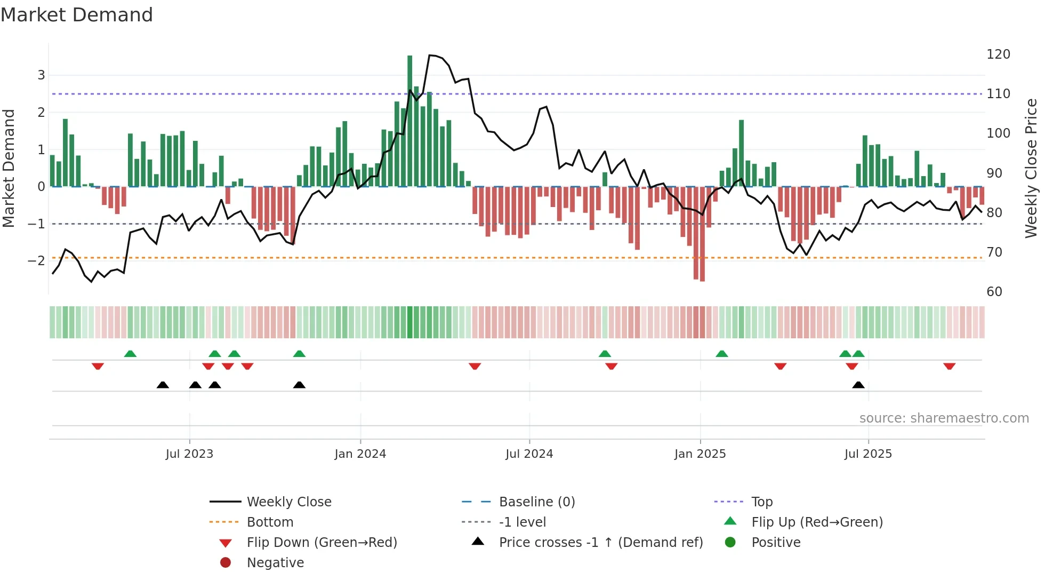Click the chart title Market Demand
(x=77, y=15)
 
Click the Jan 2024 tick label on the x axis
(x=360, y=454)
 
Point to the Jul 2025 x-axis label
(x=867, y=454)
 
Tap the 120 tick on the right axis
(x=998, y=54)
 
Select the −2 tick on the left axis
(x=36, y=261)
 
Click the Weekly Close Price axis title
(x=1031, y=168)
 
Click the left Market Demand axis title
(x=9, y=168)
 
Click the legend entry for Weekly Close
(x=288, y=502)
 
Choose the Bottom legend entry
(x=270, y=522)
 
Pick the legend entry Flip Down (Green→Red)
(x=321, y=543)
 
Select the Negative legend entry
(x=275, y=563)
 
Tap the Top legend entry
(x=761, y=502)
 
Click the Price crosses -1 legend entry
(x=600, y=543)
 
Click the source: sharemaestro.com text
(x=944, y=418)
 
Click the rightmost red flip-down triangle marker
(x=949, y=366)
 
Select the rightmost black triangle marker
(x=858, y=385)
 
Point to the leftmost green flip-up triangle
(x=130, y=354)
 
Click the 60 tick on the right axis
(x=994, y=292)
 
